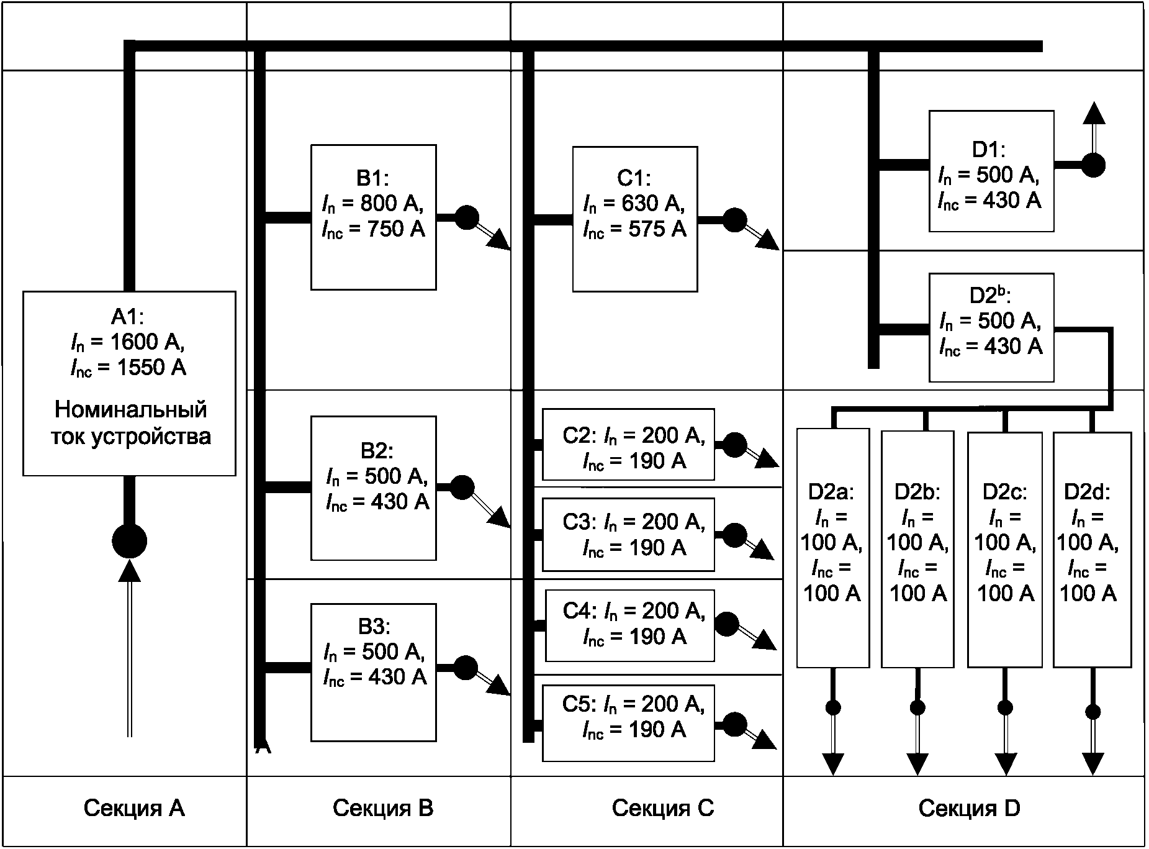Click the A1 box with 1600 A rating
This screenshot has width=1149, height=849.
tap(129, 383)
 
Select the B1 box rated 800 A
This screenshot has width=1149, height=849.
tap(374, 217)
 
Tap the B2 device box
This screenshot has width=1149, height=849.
tap(374, 488)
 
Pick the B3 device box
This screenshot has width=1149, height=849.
tap(374, 672)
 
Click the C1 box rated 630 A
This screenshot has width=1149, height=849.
tap(635, 219)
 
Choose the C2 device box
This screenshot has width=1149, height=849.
tap(628, 444)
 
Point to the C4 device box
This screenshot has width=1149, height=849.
tap(630, 625)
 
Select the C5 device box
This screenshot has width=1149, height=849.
tap(628, 723)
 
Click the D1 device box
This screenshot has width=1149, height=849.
tap(991, 171)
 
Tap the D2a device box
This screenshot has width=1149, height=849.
tap(832, 548)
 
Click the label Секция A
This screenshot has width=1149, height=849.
tap(134, 808)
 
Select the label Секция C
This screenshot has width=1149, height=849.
tap(663, 808)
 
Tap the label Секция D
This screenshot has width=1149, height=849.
tap(969, 808)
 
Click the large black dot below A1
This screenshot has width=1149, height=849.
tap(129, 541)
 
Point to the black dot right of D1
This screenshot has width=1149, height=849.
tap(1093, 165)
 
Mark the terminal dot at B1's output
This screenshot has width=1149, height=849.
tap(467, 217)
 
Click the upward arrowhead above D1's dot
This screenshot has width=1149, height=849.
tap(1094, 113)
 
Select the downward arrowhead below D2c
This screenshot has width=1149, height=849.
tap(1006, 764)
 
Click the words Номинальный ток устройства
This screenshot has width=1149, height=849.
tap(130, 423)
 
